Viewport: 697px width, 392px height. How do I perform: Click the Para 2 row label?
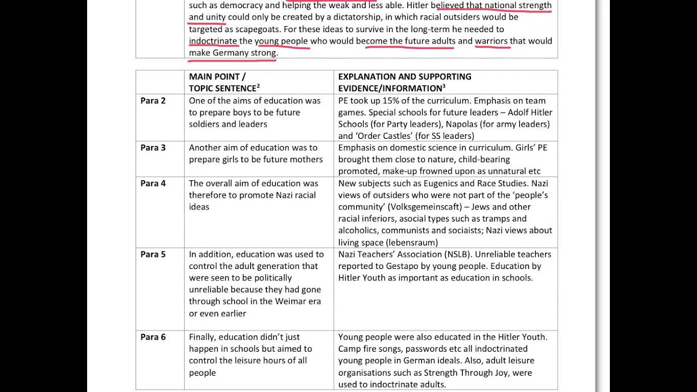(153, 101)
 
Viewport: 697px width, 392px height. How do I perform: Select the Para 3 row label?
(153, 148)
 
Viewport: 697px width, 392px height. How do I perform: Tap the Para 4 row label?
(153, 183)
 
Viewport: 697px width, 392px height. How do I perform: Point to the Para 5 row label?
(153, 254)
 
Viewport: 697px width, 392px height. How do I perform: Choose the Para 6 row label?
(153, 337)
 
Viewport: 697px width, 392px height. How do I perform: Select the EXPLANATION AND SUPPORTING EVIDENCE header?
(405, 82)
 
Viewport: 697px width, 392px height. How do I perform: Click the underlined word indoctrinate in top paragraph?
(213, 41)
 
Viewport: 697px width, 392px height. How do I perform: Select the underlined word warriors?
(491, 41)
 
